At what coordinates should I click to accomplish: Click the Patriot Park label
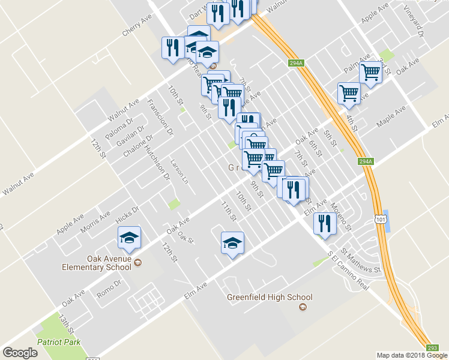(58, 342)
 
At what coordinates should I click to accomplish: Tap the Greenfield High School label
(270, 297)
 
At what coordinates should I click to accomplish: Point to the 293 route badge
(433, 347)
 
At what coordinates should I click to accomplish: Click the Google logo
(20, 353)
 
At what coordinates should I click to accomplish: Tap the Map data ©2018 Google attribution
(411, 355)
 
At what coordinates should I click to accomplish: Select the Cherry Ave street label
(137, 27)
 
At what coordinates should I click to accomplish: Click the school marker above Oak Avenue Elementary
(129, 239)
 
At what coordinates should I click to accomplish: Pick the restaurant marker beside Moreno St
(324, 224)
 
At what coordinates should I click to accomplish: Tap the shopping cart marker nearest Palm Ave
(371, 73)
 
